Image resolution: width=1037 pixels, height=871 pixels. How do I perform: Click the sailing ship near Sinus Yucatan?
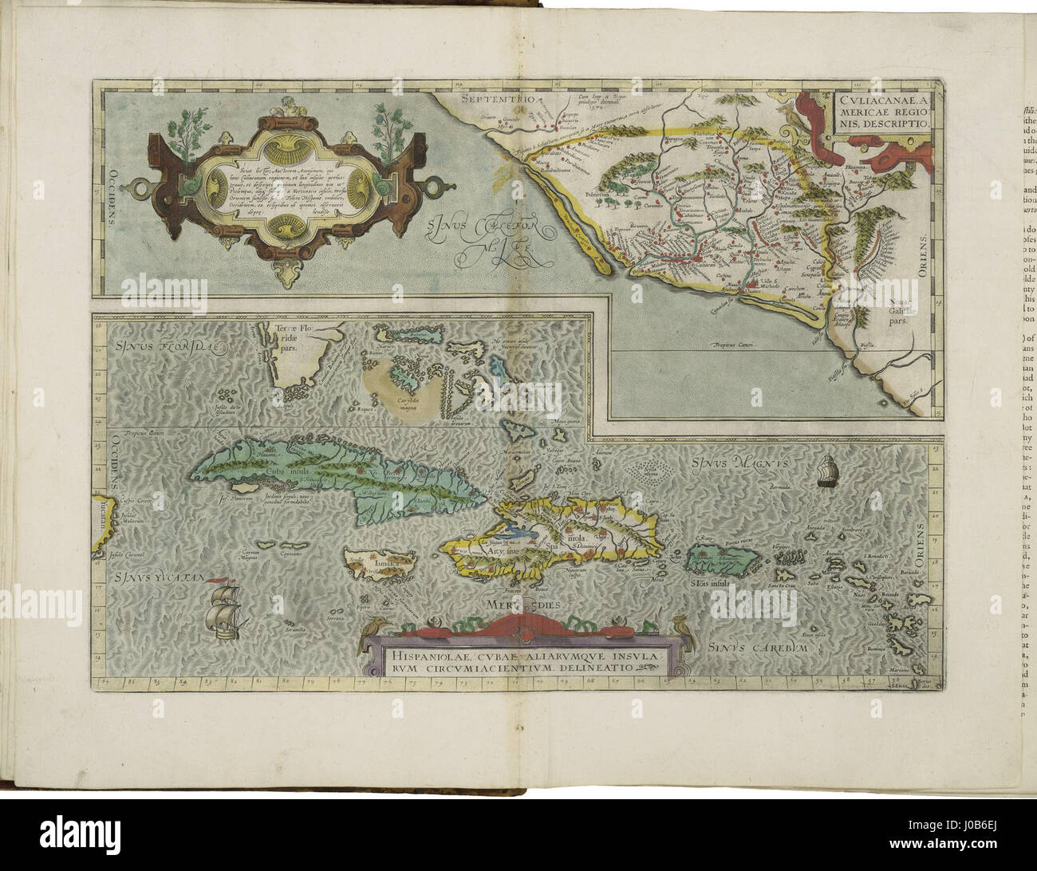[223, 613]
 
